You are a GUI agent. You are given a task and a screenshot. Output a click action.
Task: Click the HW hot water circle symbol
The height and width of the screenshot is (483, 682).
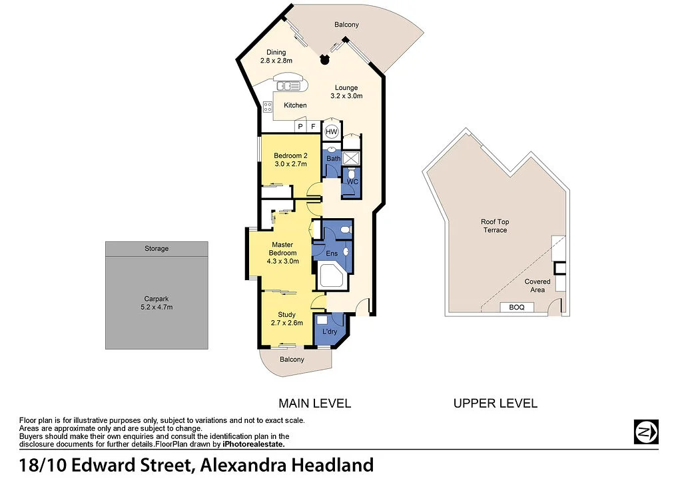(332, 132)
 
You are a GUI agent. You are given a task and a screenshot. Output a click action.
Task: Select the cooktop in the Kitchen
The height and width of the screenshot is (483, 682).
(267, 105)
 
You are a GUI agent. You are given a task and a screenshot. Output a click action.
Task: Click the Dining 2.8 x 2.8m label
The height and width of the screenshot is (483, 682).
(276, 57)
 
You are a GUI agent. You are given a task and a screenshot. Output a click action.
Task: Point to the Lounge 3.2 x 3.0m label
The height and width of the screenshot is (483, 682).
(346, 91)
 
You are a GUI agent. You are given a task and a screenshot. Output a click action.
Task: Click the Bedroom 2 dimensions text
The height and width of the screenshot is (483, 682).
(290, 163)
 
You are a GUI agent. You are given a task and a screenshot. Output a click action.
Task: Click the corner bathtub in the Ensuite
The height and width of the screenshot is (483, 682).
(330, 276)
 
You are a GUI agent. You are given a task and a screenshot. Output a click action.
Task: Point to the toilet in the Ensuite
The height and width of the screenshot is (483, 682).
(344, 229)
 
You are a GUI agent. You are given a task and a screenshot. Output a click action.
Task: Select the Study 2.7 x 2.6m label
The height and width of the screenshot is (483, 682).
(286, 318)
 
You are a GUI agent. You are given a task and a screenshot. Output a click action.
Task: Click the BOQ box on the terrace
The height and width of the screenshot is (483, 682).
(517, 307)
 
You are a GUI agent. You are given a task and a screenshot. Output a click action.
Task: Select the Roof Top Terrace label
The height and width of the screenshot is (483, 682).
(495, 225)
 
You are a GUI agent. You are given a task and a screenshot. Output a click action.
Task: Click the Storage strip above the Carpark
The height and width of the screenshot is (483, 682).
(157, 249)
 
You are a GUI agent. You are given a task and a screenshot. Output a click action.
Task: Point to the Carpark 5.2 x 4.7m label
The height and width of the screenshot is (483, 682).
(157, 303)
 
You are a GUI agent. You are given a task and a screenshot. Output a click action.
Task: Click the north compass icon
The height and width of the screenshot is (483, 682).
(645, 432)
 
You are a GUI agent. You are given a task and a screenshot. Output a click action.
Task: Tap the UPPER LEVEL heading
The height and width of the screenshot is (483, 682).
(495, 403)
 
